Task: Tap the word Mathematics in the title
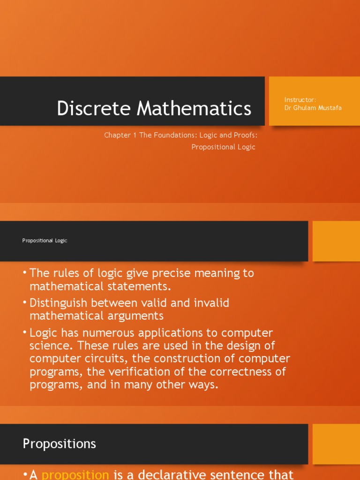pyautogui.click(x=194, y=108)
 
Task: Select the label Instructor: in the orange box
pyautogui.click(x=300, y=99)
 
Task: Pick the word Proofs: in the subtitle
pyautogui.click(x=244, y=135)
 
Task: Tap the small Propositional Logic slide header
pyautogui.click(x=45, y=240)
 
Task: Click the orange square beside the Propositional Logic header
pyautogui.click(x=336, y=241)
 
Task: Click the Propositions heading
pyautogui.click(x=60, y=444)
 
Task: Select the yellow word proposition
pyautogui.click(x=75, y=474)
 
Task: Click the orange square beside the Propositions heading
pyautogui.click(x=336, y=444)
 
